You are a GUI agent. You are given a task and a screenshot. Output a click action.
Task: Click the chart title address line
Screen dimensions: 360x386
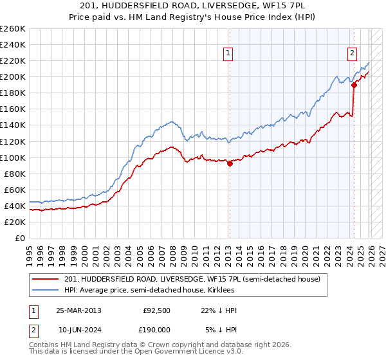(x=193, y=6)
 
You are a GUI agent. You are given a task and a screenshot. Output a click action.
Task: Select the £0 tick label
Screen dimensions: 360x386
(x=19, y=238)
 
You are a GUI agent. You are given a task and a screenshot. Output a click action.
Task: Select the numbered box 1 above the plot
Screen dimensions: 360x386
(x=228, y=54)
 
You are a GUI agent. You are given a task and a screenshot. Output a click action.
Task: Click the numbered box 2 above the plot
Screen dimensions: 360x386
(x=353, y=54)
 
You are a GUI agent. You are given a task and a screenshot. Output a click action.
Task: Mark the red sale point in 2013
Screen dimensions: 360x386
(x=230, y=163)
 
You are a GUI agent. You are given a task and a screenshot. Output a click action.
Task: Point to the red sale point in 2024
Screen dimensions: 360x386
(x=354, y=85)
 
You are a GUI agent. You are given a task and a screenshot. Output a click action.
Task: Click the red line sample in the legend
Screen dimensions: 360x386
(x=46, y=279)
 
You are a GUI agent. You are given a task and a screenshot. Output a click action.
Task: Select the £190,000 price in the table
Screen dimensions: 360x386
(x=156, y=329)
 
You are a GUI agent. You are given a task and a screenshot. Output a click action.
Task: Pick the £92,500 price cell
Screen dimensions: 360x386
(x=156, y=310)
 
